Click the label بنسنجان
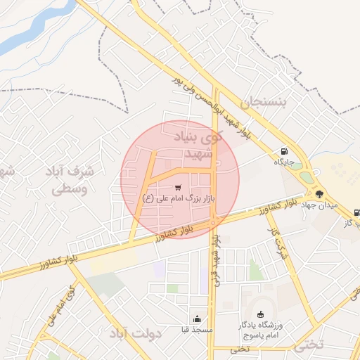click(x=264, y=103)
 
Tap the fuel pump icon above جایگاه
click(x=283, y=150)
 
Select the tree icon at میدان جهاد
click(x=320, y=193)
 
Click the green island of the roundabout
click(x=305, y=176)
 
